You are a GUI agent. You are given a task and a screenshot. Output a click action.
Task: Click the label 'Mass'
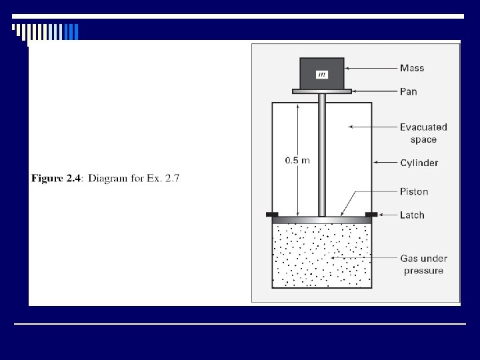coord(411,68)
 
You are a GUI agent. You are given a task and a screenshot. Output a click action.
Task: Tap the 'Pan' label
coord(408,91)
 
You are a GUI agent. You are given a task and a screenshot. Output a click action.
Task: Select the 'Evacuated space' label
coord(423,133)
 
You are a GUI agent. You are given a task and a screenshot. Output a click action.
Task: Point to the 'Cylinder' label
coord(419,163)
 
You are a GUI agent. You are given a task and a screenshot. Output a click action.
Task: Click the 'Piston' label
coord(414,191)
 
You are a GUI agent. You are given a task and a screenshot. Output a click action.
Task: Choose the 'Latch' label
coord(412,215)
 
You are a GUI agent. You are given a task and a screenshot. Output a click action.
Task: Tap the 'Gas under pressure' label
coord(423,264)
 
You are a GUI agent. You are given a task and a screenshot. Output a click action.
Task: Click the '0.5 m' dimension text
coord(297,161)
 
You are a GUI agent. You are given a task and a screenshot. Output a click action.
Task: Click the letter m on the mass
coord(322,75)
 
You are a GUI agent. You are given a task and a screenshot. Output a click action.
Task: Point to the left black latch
coord(272,214)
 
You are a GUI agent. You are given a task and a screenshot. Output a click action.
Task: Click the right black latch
coord(371,214)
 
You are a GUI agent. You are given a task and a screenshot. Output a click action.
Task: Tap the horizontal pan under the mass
coord(322,91)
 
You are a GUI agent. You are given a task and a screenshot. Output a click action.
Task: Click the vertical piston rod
coord(322,153)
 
